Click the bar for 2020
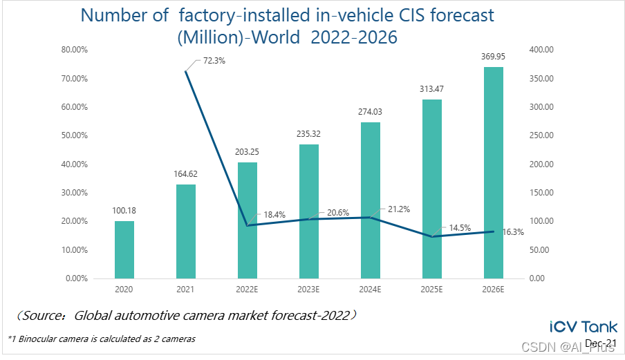[x=124, y=249]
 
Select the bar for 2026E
[x=494, y=173]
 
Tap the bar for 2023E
[x=309, y=211]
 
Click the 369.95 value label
[x=494, y=56]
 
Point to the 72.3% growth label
[x=214, y=61]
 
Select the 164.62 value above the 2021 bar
[x=186, y=173]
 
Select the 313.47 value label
[x=432, y=89]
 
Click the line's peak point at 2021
[x=186, y=71]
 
